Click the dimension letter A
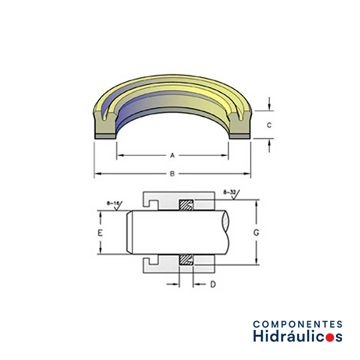coord(172,155)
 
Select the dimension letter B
coord(172,174)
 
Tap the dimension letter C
coord(269,125)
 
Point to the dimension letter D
coord(213,284)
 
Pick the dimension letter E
coord(100,233)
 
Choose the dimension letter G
coord(256,233)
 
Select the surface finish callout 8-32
coord(230,193)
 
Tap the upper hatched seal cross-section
coord(186,205)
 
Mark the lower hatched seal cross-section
coord(186,259)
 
